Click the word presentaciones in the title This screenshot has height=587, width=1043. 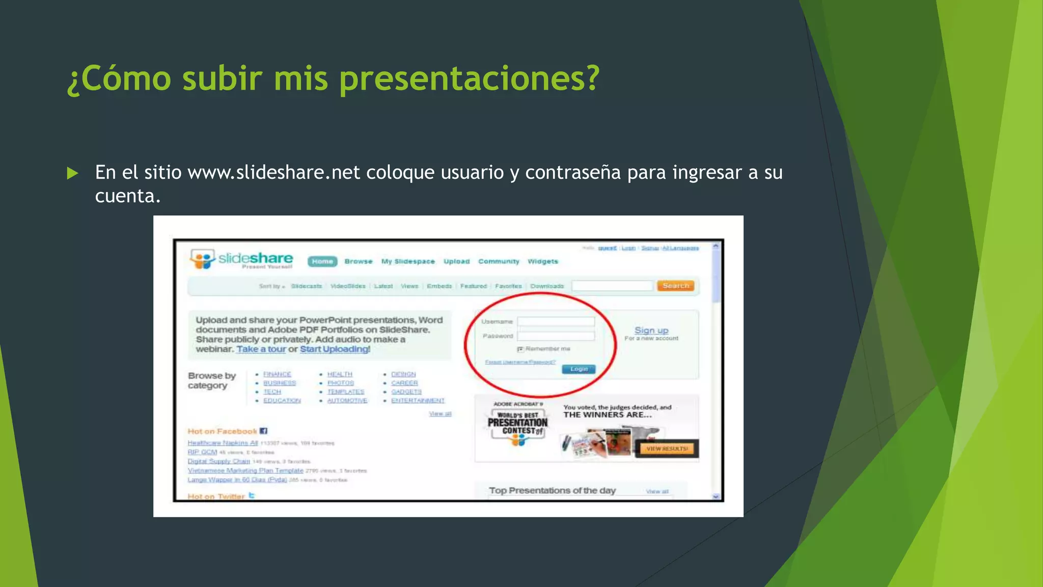[469, 79]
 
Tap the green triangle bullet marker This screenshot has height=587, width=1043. [72, 173]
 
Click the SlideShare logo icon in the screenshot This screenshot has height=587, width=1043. [202, 259]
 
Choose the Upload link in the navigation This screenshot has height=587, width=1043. [456, 261]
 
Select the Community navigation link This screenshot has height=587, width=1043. [499, 261]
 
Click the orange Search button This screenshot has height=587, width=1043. [675, 286]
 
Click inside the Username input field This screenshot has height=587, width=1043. [556, 322]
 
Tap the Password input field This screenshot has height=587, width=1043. [556, 336]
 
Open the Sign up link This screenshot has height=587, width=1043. [651, 330]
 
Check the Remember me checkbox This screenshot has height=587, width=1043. [520, 349]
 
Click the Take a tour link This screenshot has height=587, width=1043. [261, 349]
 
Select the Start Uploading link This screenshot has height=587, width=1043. [334, 349]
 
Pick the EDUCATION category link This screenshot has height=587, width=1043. [282, 401]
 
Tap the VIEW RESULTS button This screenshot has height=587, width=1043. [667, 448]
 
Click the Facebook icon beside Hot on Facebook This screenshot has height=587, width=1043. [263, 431]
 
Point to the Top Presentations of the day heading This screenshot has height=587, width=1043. [552, 490]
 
